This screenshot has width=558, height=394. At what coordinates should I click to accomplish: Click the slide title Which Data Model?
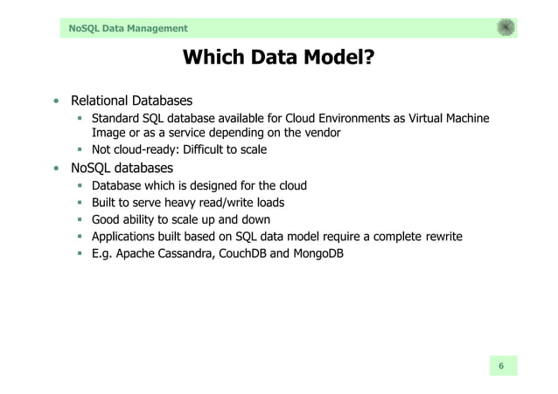278,59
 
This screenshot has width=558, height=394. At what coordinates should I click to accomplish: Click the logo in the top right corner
506,28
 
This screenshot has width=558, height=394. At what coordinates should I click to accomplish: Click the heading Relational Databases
131,100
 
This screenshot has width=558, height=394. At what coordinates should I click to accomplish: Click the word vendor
319,134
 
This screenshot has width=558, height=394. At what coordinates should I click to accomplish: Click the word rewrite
437,237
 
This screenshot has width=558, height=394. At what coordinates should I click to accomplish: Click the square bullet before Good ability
80,220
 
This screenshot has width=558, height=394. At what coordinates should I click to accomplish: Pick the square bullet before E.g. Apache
80,254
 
